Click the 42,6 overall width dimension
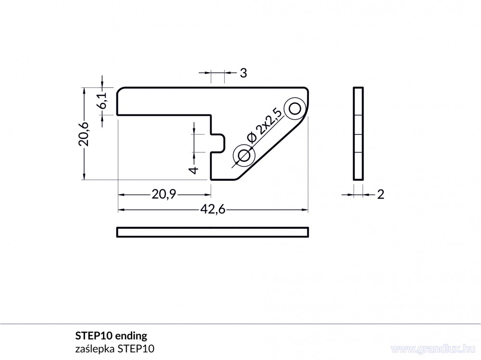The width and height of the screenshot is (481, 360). (x=213, y=210)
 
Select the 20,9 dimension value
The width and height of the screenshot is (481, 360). (x=164, y=194)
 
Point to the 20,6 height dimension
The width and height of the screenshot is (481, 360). (x=84, y=134)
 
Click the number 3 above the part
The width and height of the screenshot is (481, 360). (x=243, y=73)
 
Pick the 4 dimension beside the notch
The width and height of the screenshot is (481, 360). (x=194, y=170)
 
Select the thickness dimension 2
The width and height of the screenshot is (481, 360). (x=380, y=194)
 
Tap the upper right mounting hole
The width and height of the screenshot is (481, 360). (x=295, y=108)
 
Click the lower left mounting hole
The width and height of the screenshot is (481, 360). (x=244, y=155)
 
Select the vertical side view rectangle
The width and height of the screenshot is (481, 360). (x=358, y=134)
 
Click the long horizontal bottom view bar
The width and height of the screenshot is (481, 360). (x=213, y=232)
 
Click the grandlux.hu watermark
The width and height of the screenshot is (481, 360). (x=433, y=348)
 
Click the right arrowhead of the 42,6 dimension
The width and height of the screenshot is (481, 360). (x=305, y=210)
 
